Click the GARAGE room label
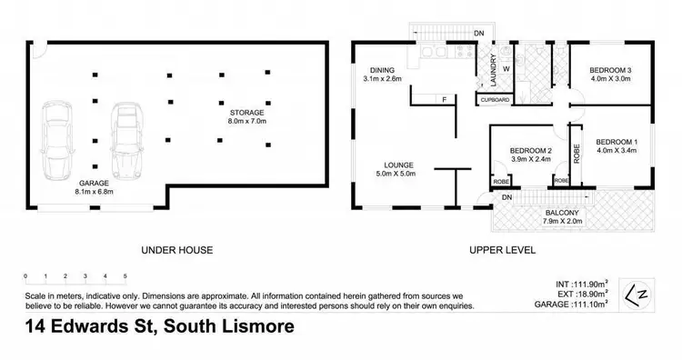95,182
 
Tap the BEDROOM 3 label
610,70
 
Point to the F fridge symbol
444,99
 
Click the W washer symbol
506,68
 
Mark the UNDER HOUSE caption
176,249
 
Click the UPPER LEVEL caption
501,249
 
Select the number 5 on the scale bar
125,275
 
